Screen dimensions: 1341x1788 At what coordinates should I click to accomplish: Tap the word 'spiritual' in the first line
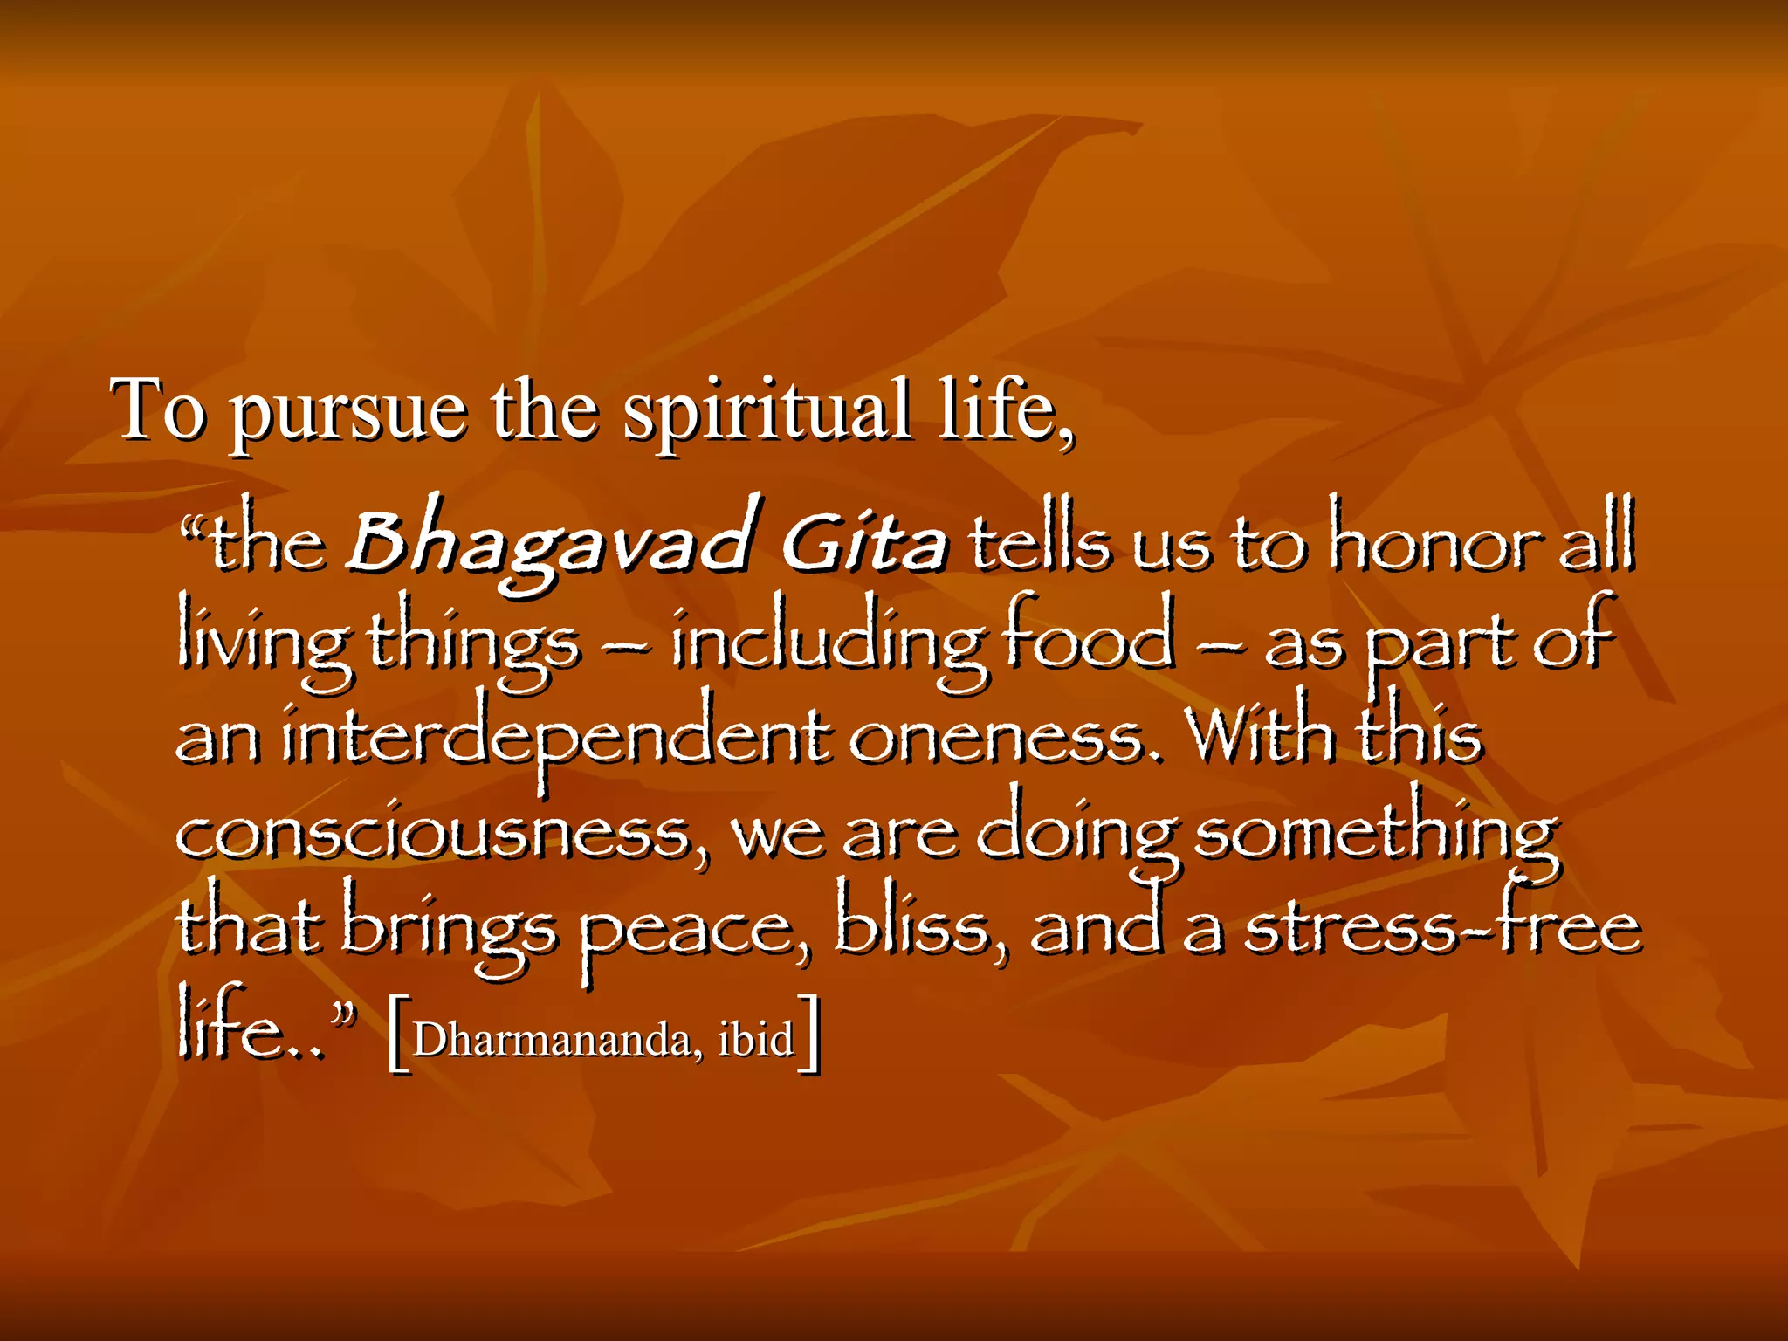(766, 412)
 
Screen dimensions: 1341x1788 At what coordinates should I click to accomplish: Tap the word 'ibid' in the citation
(755, 1039)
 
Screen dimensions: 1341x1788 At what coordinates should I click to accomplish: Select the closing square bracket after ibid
(811, 1034)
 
